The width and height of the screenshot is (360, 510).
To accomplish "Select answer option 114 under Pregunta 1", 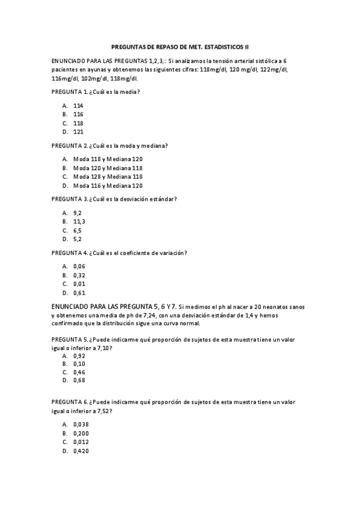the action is [x=78, y=105].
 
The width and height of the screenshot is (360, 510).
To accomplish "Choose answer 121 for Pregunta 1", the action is [x=78, y=132].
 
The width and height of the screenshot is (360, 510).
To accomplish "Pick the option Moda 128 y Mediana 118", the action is [x=108, y=177].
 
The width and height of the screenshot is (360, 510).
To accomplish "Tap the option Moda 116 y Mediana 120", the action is [x=108, y=186].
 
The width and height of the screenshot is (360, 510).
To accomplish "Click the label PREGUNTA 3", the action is [x=70, y=199].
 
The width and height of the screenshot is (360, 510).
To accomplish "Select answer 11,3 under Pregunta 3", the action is [x=79, y=221].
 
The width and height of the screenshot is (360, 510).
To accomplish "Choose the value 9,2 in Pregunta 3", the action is [x=78, y=213].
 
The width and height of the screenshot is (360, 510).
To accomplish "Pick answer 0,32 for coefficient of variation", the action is [x=79, y=275].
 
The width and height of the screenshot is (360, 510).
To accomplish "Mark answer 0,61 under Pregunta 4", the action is [x=79, y=293].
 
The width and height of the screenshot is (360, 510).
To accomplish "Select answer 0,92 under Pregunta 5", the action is [x=79, y=355].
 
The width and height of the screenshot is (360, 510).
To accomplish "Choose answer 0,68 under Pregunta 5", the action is [x=79, y=380].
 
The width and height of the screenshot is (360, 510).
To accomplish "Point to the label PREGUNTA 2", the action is [x=70, y=146].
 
